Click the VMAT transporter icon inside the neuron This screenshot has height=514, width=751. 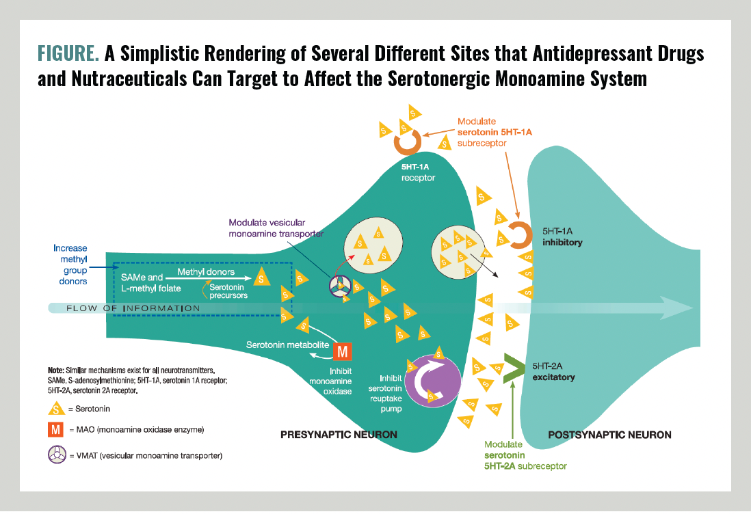(341, 286)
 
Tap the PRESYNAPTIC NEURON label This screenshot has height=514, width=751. (339, 435)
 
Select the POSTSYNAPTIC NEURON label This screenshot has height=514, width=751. (609, 435)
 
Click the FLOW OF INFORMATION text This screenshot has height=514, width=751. (133, 308)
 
